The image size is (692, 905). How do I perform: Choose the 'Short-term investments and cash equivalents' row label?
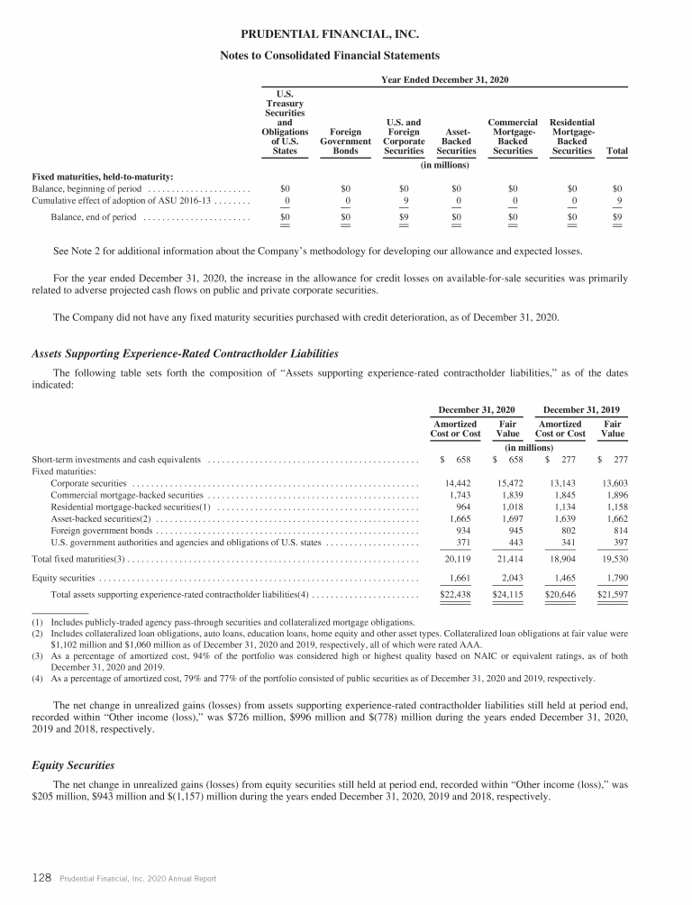point(116,460)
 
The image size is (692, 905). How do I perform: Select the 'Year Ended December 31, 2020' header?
point(446,79)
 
